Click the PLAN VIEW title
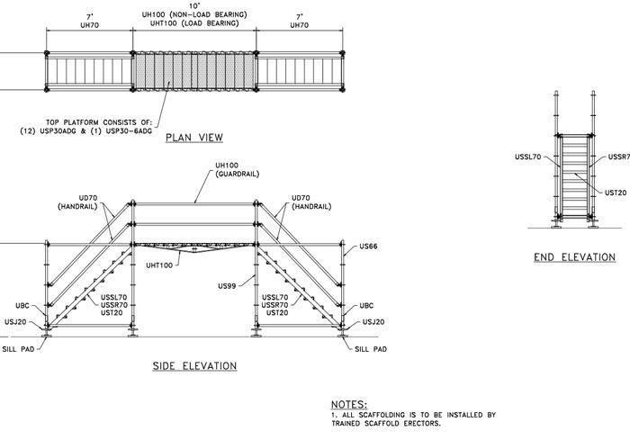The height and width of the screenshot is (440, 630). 193,138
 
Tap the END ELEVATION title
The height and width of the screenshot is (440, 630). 574,257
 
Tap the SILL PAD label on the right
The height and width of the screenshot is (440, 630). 371,349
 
